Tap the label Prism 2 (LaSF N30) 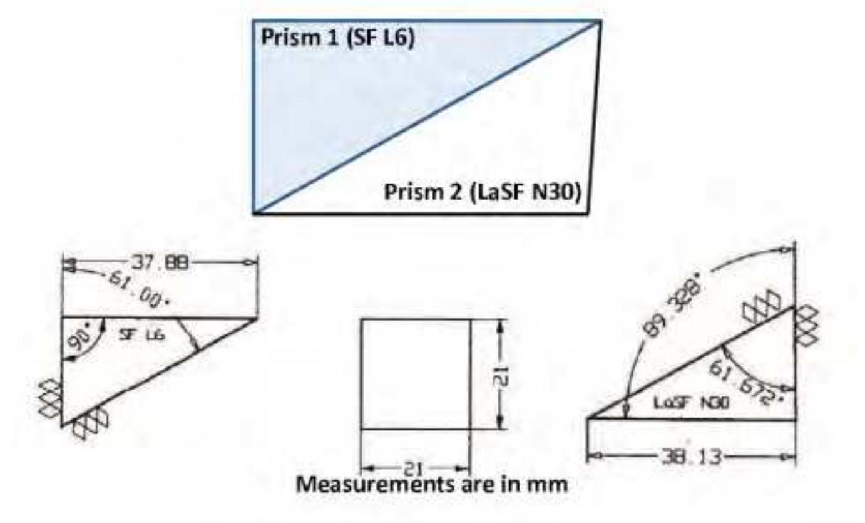pos(483,190)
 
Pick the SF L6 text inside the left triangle pos(142,336)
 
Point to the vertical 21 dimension pos(506,375)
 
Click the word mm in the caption pos(552,484)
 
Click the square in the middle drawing pos(416,374)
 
